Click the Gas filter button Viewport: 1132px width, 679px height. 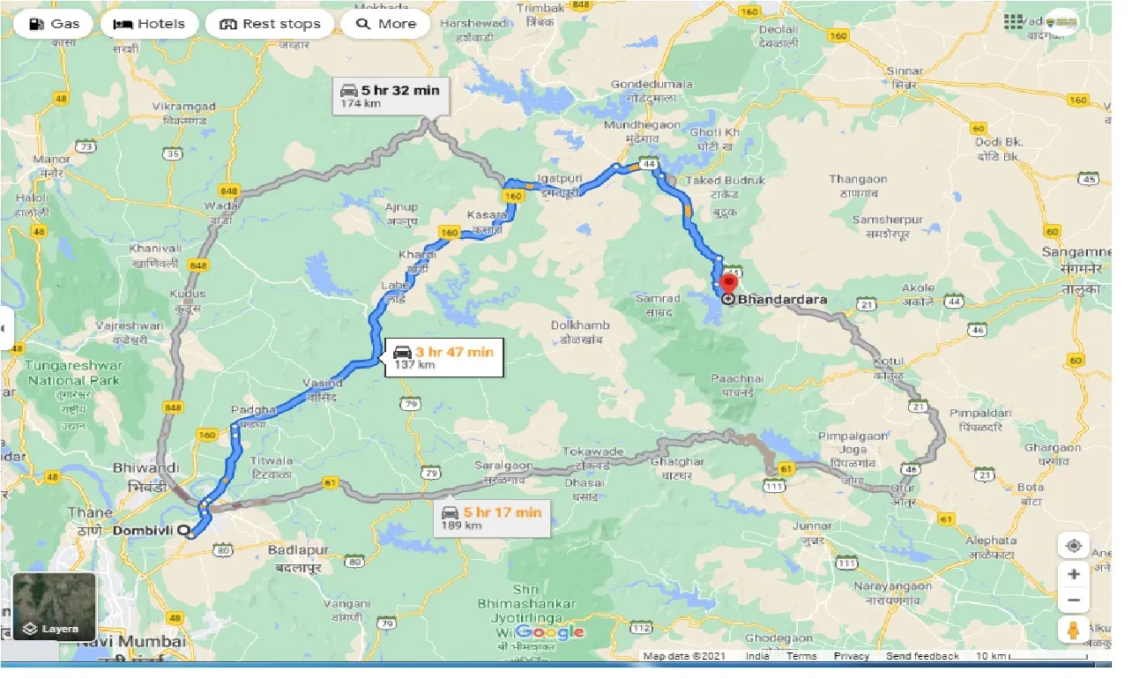coord(54,24)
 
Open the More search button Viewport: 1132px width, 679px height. coord(385,24)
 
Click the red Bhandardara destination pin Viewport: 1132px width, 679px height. coord(728,284)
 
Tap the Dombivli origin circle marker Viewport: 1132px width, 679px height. coord(183,531)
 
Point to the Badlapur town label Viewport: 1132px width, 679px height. coord(298,550)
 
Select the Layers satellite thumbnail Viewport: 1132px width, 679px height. coord(54,607)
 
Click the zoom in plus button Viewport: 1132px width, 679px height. coord(1073,574)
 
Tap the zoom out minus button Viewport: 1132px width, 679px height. coord(1073,601)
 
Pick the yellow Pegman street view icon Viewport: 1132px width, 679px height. coord(1073,631)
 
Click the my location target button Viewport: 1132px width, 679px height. coord(1073,545)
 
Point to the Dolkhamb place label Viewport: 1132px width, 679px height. coord(580,325)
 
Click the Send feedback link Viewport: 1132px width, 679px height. coord(922,656)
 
